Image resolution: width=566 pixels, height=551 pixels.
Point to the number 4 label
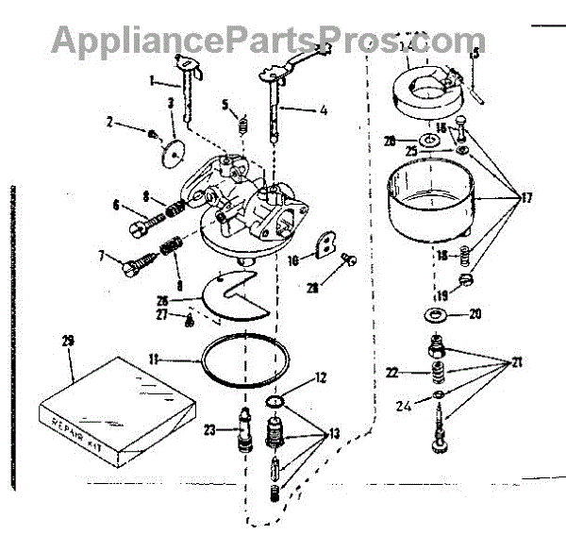click(323, 110)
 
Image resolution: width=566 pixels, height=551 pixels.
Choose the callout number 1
click(151, 81)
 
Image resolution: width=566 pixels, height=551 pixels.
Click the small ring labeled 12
click(275, 404)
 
